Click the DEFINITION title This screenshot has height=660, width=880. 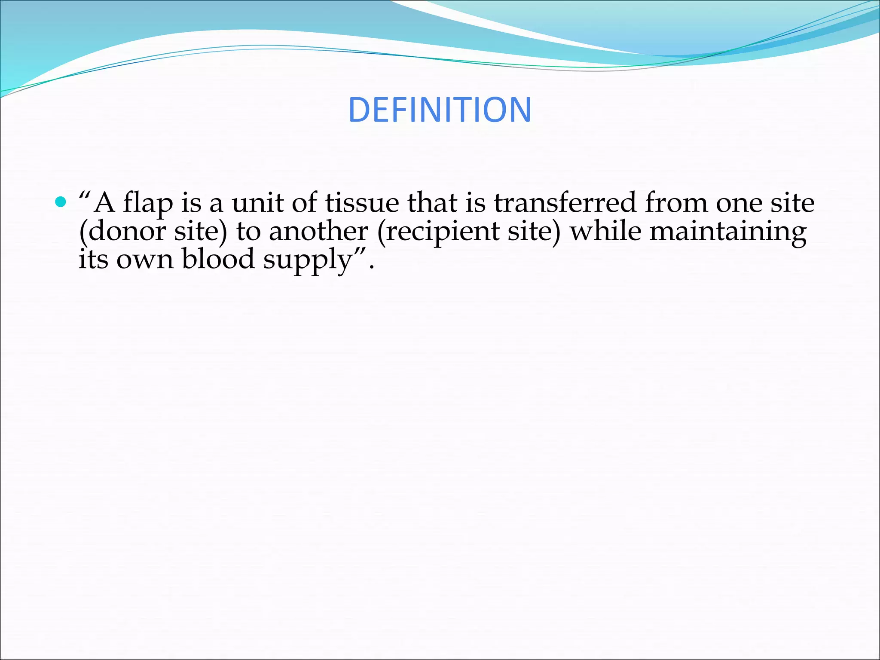[440, 110]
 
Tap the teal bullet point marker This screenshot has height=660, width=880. [61, 202]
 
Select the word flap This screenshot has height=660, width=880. [148, 203]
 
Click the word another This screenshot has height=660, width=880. [318, 231]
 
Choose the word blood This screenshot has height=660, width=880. [218, 260]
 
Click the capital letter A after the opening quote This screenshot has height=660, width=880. [104, 203]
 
